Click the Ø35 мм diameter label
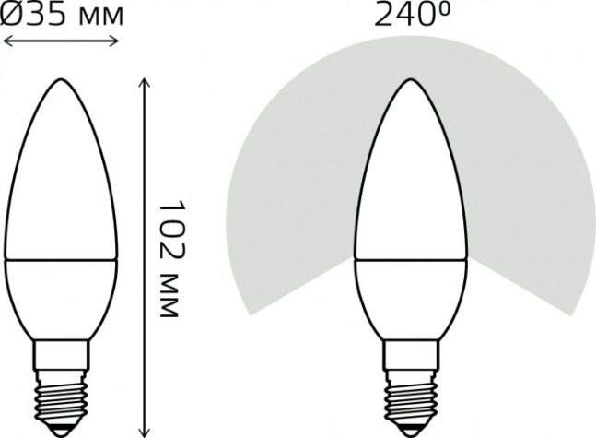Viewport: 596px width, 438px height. click(x=63, y=17)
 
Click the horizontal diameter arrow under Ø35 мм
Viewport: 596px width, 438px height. click(x=62, y=40)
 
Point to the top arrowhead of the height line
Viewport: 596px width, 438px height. click(x=143, y=83)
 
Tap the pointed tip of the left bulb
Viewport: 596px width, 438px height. click(x=62, y=80)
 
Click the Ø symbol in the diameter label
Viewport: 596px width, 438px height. click(x=12, y=17)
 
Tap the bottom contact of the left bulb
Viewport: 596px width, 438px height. click(x=62, y=429)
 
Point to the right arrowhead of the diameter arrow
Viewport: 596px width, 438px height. click(x=116, y=40)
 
